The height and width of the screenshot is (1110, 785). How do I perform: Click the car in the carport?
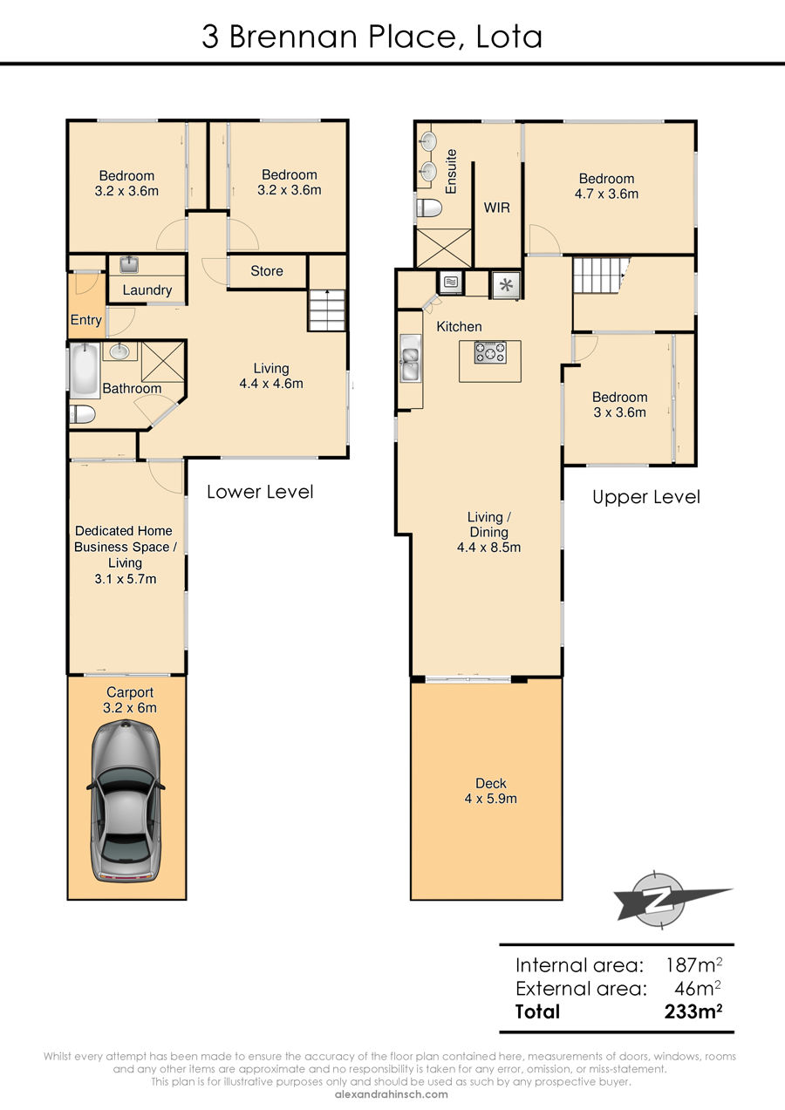coord(126,801)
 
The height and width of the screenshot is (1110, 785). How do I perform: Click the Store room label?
coord(267,271)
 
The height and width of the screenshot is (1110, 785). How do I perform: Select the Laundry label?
coord(147,289)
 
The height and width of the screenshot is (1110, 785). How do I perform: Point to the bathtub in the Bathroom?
coord(85,371)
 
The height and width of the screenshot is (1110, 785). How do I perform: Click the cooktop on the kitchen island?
coord(490,352)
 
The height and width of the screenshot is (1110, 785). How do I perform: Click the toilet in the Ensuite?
coord(428,208)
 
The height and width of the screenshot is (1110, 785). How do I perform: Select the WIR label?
coord(496,208)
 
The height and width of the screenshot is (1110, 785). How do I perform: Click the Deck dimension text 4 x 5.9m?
coord(490,799)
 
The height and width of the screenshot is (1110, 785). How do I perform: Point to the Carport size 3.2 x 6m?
coord(130,708)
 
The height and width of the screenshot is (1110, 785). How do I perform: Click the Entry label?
coord(86,320)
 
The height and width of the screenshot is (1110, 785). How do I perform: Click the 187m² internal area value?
coord(693,964)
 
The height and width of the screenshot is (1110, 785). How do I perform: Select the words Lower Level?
coord(260,492)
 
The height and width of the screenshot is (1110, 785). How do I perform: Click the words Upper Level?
coord(646,498)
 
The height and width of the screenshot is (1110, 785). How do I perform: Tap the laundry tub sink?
coord(129,264)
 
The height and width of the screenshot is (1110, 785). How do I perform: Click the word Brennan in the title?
coord(293,37)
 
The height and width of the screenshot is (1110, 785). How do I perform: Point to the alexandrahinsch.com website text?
coord(391,1094)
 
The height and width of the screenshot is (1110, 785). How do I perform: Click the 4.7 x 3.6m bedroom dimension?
coord(606,194)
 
